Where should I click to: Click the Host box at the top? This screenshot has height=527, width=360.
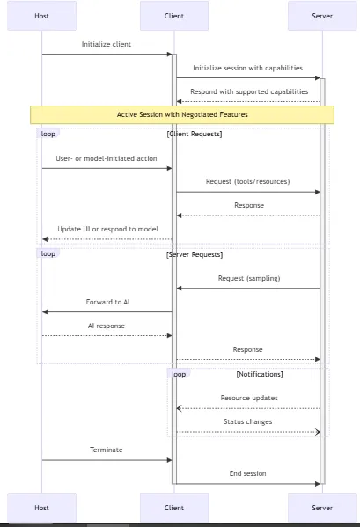point(41,16)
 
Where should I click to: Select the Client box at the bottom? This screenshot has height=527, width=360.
point(174,508)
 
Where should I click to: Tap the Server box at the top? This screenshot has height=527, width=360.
point(322,16)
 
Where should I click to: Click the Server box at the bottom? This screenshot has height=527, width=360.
point(322,508)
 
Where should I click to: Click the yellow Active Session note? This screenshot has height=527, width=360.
point(182,114)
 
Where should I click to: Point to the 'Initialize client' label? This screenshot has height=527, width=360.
point(107,44)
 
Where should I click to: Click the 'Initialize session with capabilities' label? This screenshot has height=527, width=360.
point(247,68)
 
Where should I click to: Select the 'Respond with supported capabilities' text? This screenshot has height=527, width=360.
point(249,91)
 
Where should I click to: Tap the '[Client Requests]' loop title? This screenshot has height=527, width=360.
point(195,134)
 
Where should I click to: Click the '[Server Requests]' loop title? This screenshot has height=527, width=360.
point(195,254)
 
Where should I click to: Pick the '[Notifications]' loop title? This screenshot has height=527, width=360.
point(260,374)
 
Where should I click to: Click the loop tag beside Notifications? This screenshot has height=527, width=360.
point(179,374)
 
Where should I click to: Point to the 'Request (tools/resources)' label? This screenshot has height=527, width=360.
point(247,181)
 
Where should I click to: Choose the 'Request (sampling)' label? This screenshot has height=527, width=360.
point(249,278)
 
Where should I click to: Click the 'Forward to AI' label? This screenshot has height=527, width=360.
point(107,302)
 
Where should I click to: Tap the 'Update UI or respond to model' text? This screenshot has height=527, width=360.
point(107,229)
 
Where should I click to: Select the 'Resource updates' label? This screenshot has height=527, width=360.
point(249,398)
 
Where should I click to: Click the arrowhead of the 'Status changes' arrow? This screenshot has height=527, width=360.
point(318,432)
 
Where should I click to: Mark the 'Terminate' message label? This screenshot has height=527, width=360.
point(107,450)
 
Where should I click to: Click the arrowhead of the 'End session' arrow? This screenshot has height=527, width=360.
point(318,484)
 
